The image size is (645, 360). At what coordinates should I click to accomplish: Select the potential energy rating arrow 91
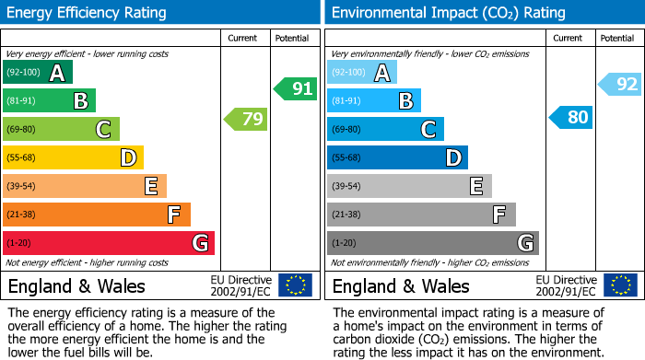click(296, 89)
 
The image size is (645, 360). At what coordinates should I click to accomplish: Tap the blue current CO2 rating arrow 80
click(570, 118)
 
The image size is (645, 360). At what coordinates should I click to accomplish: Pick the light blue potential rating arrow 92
click(620, 85)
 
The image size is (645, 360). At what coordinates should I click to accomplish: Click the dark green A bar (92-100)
click(38, 73)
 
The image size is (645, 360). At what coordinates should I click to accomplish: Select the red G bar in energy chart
click(109, 243)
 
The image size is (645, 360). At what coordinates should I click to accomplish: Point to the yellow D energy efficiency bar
click(74, 158)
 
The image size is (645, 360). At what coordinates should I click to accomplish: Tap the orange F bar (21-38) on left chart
click(97, 215)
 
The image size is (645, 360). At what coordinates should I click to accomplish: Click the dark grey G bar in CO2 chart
click(432, 243)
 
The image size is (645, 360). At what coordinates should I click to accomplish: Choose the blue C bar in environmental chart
click(385, 130)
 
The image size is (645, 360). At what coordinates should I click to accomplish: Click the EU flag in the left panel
click(295, 285)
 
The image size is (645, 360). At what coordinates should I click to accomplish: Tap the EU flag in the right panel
click(620, 285)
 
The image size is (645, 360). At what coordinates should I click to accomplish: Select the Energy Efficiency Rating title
click(88, 13)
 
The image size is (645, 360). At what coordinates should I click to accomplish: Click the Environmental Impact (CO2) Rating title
click(448, 13)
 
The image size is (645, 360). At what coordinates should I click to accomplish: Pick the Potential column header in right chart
click(616, 38)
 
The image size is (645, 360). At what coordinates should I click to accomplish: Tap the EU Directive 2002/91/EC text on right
click(566, 285)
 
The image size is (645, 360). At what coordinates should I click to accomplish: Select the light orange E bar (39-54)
click(85, 187)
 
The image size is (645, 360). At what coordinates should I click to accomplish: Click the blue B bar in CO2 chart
click(374, 101)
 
